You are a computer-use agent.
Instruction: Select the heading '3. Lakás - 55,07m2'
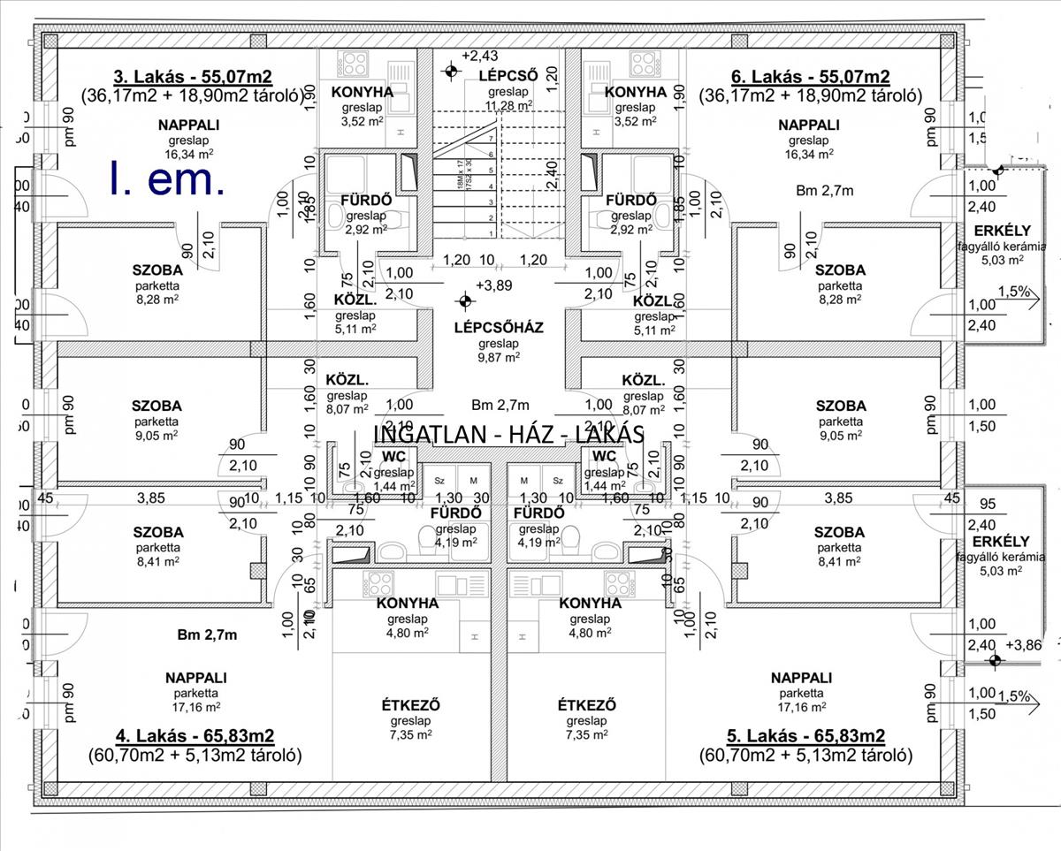193,76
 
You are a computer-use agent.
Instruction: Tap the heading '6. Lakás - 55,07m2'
810,76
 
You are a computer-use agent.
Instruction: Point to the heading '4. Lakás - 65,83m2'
195,736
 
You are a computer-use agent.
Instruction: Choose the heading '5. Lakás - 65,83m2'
805,736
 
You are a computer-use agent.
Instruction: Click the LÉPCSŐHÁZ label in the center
498,327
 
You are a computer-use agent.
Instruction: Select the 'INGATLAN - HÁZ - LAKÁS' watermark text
509,434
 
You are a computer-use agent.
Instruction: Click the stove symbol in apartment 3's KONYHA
355,64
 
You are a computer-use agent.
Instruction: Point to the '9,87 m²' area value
498,357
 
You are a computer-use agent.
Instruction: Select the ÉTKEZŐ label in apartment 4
410,705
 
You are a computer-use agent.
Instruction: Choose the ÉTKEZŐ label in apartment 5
587,705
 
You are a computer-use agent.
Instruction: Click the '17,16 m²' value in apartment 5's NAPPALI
801,706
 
